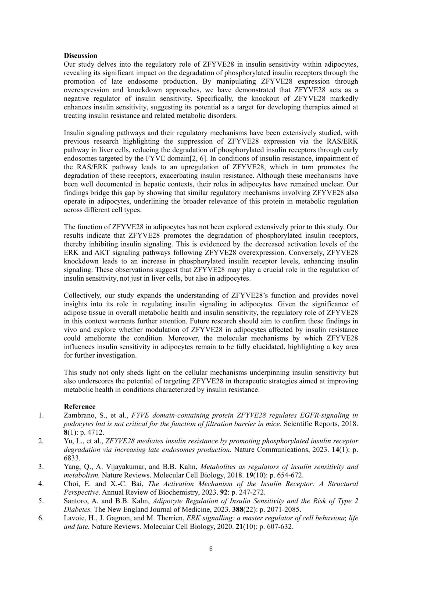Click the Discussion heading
pos(80,56)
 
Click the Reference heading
pos(80,406)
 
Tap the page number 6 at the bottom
pos(211,549)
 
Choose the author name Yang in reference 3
pos(71,467)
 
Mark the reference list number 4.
pos(41,484)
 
